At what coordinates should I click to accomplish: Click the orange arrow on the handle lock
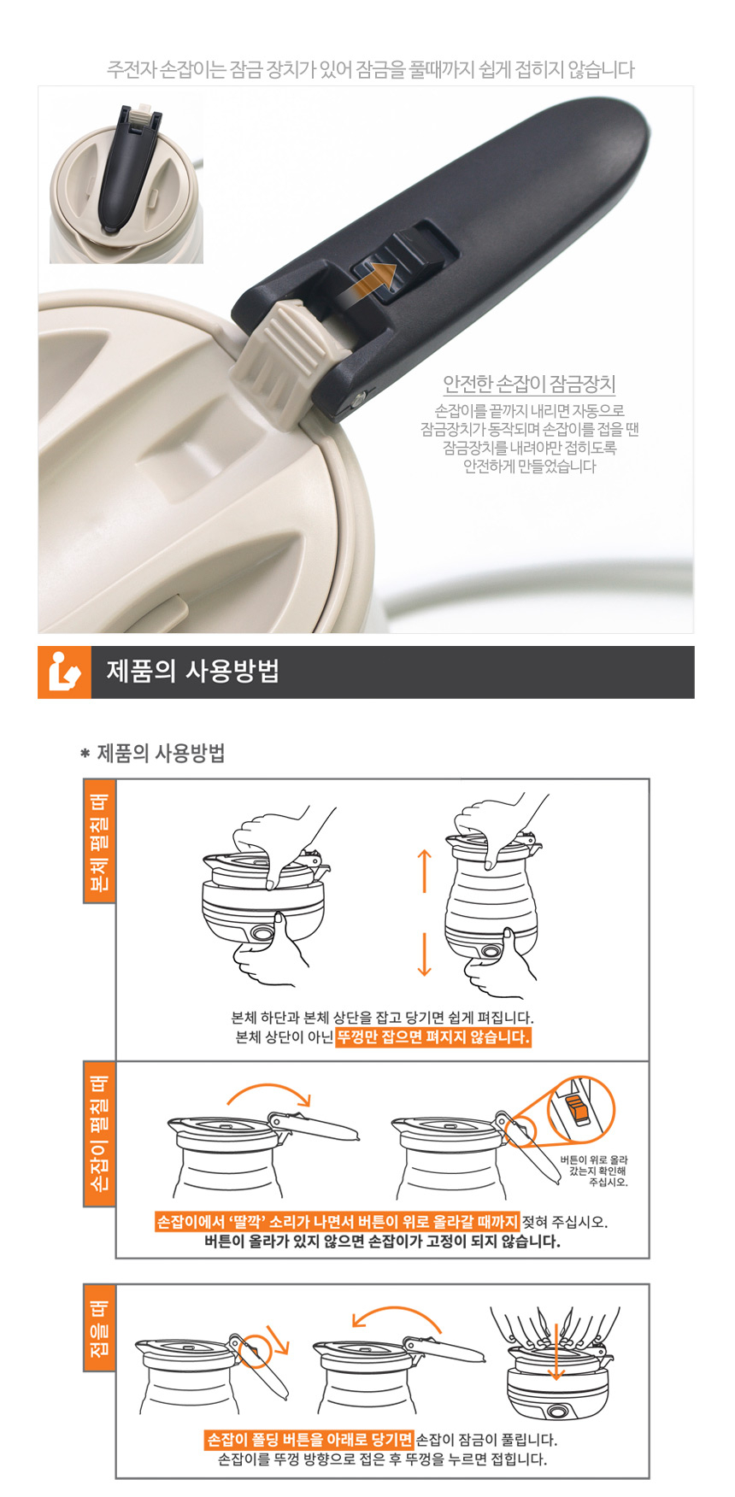click(367, 280)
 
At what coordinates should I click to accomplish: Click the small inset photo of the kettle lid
click(126, 181)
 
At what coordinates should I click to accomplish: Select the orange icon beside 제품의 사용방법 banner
click(64, 672)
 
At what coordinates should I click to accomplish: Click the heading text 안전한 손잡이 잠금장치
click(529, 384)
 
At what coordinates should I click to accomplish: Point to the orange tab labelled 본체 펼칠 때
click(99, 840)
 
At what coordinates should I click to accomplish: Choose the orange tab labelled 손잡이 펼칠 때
click(99, 1133)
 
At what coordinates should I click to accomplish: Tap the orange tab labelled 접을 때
click(99, 1327)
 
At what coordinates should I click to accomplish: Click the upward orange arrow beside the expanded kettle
click(425, 871)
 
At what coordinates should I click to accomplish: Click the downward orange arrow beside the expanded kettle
click(425, 955)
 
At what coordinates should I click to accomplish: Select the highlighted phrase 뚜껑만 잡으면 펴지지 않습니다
click(433, 1037)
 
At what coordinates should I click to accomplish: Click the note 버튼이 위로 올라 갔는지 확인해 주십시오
click(595, 1171)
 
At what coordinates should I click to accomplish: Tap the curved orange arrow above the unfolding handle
click(268, 1088)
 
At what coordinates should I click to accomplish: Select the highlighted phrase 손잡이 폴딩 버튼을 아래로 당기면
click(309, 1440)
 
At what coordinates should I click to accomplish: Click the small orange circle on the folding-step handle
click(254, 1351)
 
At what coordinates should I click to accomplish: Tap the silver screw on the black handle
click(360, 398)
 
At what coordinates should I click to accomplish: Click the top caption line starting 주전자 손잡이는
click(370, 69)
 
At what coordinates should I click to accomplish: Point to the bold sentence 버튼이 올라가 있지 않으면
click(381, 1242)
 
